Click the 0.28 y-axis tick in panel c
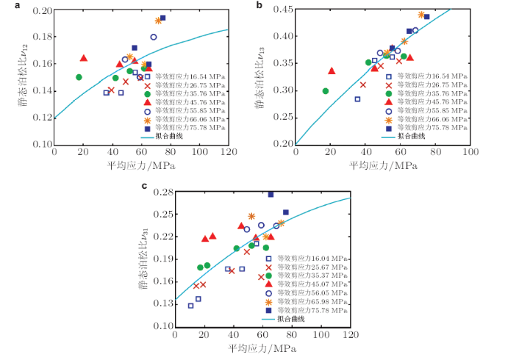pyautogui.click(x=161, y=193)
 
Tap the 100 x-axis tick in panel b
pyautogui.click(x=470, y=152)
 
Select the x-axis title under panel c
pyautogui.click(x=262, y=349)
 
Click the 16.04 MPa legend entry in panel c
pyautogui.click(x=312, y=257)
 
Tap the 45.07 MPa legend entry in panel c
pyautogui.click(x=312, y=284)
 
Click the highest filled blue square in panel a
pyautogui.click(x=162, y=18)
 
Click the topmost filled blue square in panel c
pyautogui.click(x=271, y=194)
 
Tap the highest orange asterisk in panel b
pyautogui.click(x=421, y=15)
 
